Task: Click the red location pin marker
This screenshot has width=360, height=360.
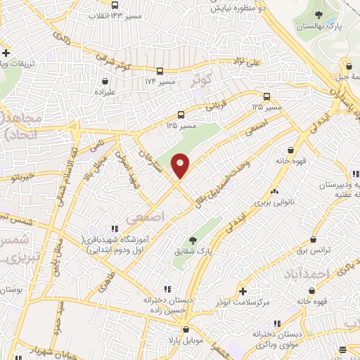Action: [181, 165]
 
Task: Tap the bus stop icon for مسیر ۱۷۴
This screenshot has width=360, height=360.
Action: [161, 72]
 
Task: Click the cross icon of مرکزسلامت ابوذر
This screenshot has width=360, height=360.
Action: [243, 290]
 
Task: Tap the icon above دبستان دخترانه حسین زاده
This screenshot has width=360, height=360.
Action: [167, 289]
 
